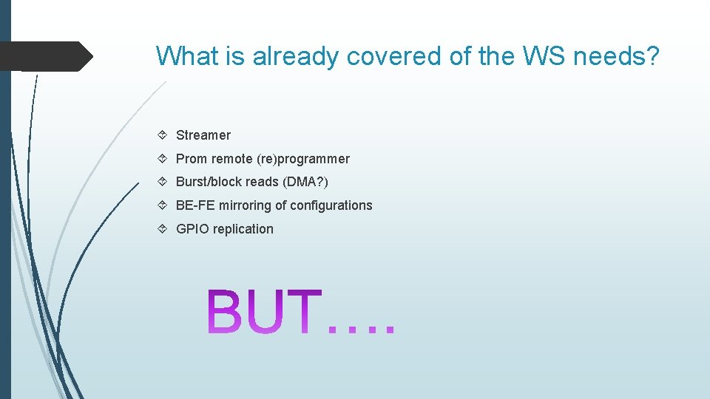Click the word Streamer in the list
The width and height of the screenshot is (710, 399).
(x=203, y=135)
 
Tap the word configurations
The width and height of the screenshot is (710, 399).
(x=331, y=205)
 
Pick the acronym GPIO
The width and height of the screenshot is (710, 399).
(x=191, y=229)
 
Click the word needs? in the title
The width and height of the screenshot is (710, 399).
(x=615, y=55)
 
